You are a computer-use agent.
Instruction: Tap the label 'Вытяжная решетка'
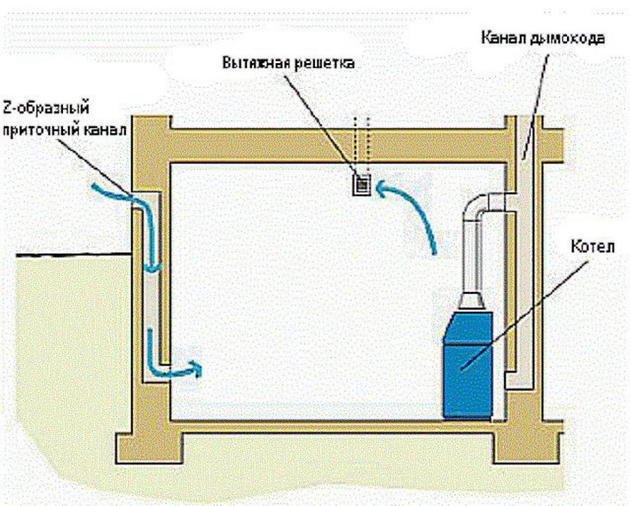click(288, 64)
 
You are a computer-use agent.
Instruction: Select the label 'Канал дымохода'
click(542, 36)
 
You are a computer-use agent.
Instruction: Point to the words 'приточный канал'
click(64, 130)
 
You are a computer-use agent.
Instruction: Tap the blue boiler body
click(469, 362)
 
